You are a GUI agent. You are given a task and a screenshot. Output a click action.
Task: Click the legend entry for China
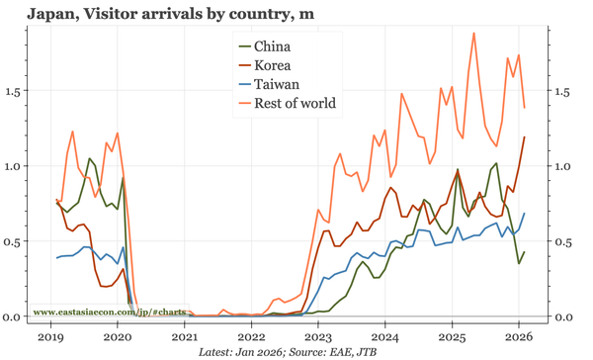click(x=272, y=46)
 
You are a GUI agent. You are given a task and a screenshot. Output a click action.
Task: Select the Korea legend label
click(x=273, y=65)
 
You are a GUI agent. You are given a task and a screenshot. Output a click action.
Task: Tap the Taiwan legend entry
click(x=276, y=84)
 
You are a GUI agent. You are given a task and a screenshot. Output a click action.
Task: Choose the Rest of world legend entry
click(x=295, y=103)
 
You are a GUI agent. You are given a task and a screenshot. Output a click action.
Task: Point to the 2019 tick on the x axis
click(x=50, y=337)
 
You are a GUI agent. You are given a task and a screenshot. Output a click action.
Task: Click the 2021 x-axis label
click(x=184, y=337)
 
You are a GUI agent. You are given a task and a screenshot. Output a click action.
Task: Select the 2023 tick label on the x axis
click(x=318, y=337)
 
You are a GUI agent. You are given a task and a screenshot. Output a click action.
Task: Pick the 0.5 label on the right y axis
click(x=562, y=241)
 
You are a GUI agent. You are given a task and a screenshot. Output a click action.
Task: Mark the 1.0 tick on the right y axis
click(x=562, y=166)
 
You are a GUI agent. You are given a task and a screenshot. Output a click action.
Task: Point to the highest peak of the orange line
click(x=473, y=33)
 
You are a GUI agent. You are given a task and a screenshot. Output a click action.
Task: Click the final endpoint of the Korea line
click(x=524, y=137)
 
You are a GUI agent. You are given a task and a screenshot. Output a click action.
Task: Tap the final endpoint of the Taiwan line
click(x=524, y=214)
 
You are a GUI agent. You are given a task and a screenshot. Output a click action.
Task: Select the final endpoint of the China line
click(x=524, y=251)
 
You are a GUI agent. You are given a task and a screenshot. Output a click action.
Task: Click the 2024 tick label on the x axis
click(x=384, y=337)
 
